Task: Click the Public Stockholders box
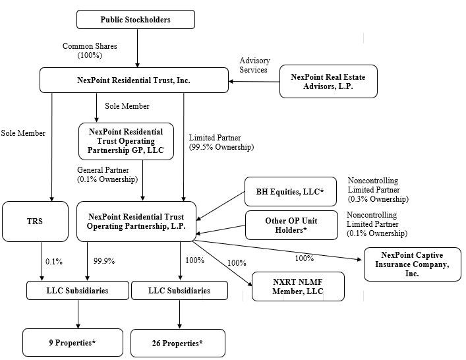coord(136,20)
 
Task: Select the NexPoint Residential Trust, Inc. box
coord(134,80)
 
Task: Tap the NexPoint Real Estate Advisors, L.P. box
coord(328,82)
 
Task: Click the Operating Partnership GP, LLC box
coord(126,141)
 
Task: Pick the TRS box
coord(35,222)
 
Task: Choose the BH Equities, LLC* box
coord(291,192)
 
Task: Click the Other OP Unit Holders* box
coord(291,225)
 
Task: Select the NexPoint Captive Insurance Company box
coord(413,264)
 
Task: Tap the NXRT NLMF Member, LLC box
coord(298,287)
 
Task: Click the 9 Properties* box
coord(73,343)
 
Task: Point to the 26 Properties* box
coord(178,344)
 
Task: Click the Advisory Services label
coord(254,65)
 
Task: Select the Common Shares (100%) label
coord(90,51)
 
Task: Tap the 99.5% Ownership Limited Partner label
coord(221,142)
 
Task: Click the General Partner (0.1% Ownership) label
coord(107,175)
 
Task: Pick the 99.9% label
coord(104,261)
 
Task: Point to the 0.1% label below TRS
coord(54,262)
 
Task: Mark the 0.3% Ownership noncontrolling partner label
coord(378,190)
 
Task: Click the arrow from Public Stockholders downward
coord(137,48)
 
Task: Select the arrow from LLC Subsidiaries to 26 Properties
coord(179,315)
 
